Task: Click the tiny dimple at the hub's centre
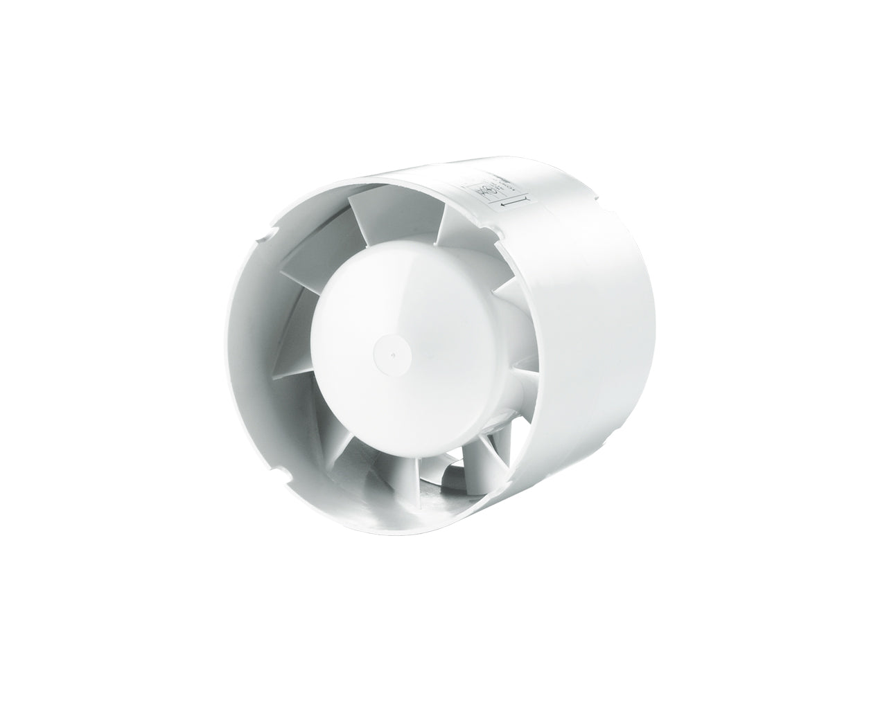[x=393, y=357]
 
